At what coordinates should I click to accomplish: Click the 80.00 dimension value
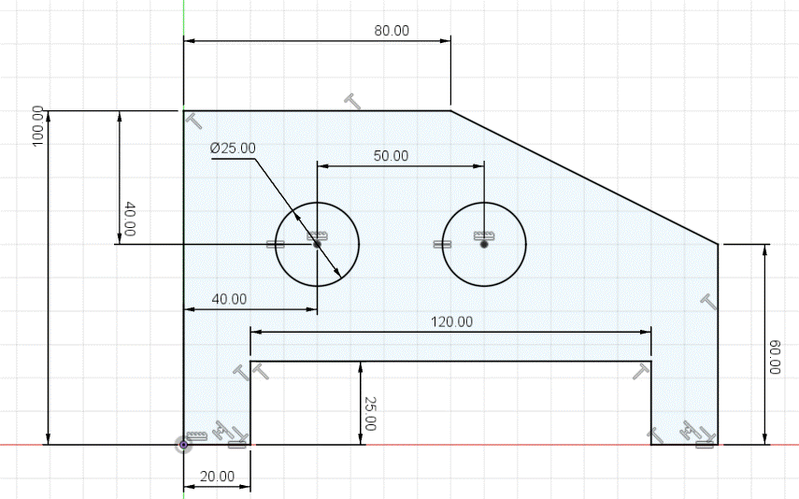pyautogui.click(x=392, y=31)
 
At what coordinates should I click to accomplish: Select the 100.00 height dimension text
pyautogui.click(x=38, y=126)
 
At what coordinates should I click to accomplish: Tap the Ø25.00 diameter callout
pyautogui.click(x=233, y=149)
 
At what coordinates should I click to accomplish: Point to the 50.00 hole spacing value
pyautogui.click(x=391, y=156)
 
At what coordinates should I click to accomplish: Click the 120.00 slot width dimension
pyautogui.click(x=451, y=322)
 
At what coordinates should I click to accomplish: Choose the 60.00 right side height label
pyautogui.click(x=775, y=357)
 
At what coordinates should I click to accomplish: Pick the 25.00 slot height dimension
pyautogui.click(x=370, y=414)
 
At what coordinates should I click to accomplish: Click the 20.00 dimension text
pyautogui.click(x=217, y=477)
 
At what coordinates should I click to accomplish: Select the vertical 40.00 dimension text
pyautogui.click(x=130, y=220)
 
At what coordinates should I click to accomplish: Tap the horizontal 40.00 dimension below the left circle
pyautogui.click(x=229, y=299)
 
